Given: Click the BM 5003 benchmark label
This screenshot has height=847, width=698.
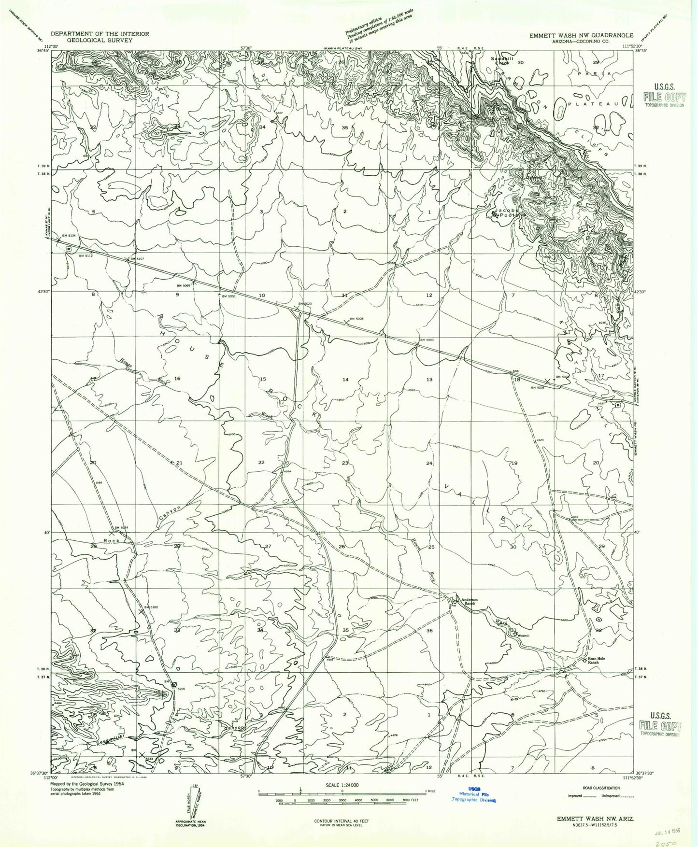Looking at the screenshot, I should [427, 340].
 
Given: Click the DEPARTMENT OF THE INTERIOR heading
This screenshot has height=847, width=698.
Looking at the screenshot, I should [100, 34].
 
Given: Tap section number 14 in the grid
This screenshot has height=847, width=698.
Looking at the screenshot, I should [345, 380].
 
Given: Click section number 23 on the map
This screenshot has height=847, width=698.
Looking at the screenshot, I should [345, 463].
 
